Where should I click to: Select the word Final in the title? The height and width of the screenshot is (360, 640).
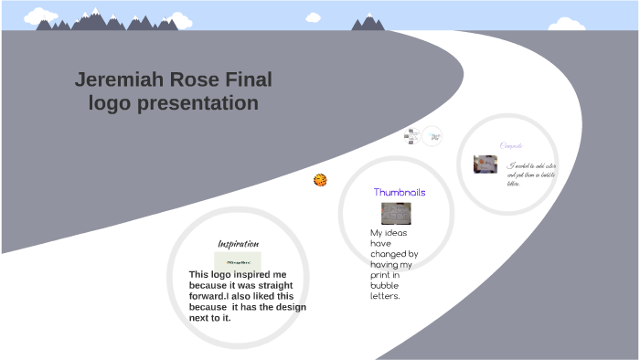tap(249, 80)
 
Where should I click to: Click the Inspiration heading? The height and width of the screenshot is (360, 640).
tap(238, 244)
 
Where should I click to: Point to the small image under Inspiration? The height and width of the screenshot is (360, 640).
tap(238, 260)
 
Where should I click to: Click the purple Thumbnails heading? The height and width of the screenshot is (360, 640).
tap(400, 193)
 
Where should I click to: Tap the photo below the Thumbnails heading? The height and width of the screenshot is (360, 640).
tap(396, 214)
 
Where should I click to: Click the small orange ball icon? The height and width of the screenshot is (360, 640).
tap(320, 180)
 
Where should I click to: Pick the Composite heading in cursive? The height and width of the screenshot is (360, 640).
tap(511, 145)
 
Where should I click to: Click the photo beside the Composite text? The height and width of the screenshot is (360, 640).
tap(485, 164)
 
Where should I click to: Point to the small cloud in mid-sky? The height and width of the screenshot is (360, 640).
tap(314, 17)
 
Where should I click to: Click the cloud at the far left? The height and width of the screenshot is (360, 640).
tap(40, 16)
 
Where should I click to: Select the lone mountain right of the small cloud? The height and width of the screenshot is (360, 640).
tap(368, 22)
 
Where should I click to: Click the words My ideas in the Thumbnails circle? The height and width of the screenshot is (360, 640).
tap(389, 233)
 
